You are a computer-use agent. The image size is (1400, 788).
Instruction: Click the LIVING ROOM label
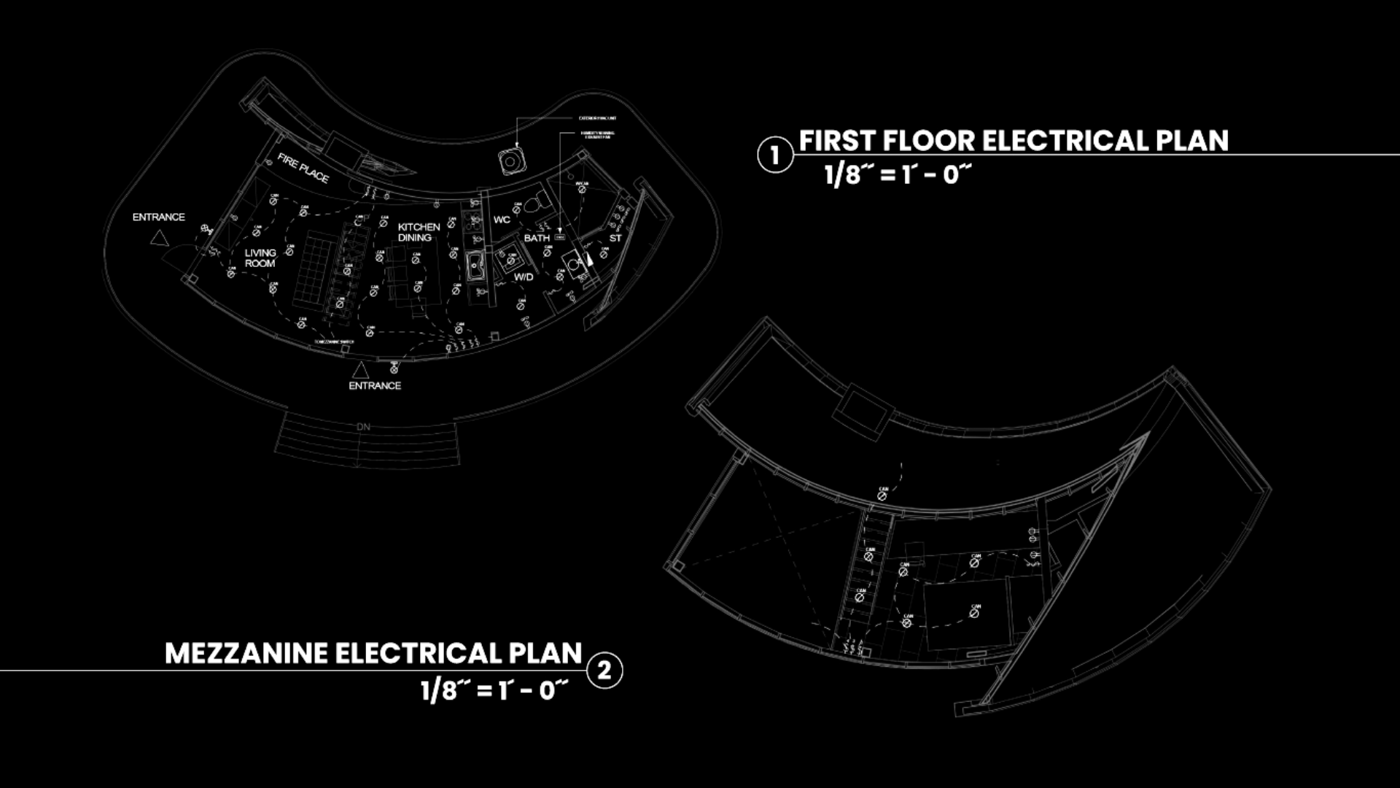click(x=260, y=258)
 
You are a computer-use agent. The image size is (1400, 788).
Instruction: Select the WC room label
click(x=502, y=220)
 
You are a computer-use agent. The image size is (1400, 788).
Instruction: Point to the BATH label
click(x=537, y=238)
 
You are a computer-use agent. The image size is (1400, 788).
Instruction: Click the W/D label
click(x=524, y=277)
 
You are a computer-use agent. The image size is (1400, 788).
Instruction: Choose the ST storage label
click(x=615, y=238)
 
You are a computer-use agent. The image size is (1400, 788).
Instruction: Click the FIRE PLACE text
click(x=303, y=169)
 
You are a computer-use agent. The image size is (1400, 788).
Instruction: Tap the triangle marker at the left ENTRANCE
click(x=160, y=238)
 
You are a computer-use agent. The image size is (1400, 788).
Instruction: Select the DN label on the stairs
click(x=363, y=427)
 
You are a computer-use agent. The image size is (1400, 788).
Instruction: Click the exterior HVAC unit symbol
click(x=512, y=160)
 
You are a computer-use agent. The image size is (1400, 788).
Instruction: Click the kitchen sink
click(x=475, y=266)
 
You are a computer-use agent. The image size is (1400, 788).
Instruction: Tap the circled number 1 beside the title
click(x=774, y=155)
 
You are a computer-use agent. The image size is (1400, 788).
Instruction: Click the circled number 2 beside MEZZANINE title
click(x=604, y=671)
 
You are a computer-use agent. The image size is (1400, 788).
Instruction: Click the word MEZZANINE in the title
click(x=246, y=654)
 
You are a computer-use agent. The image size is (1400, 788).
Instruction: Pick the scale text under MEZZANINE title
click(x=494, y=690)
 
